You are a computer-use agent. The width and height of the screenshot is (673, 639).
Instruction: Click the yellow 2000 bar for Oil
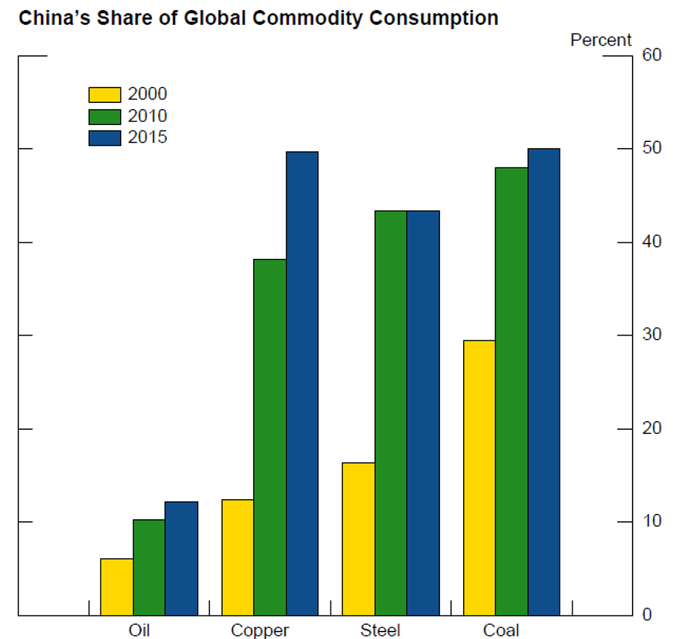tap(116, 587)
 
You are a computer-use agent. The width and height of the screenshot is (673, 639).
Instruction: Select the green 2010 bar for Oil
tap(149, 567)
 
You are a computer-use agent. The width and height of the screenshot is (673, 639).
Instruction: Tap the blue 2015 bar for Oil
tap(181, 558)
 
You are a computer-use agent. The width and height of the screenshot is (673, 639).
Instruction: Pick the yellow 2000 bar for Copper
tap(238, 557)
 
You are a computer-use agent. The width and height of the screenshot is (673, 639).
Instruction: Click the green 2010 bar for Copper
tap(270, 437)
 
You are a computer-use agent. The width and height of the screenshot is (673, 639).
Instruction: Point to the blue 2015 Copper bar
tap(302, 383)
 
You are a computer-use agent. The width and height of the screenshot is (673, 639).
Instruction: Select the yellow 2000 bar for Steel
tap(359, 539)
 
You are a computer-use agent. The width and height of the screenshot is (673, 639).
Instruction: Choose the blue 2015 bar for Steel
tap(423, 413)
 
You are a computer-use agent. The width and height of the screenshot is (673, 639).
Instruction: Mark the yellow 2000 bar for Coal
tap(479, 478)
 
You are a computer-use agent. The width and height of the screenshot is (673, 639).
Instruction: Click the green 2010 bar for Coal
tap(511, 391)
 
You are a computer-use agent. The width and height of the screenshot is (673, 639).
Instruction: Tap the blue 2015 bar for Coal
tap(544, 381)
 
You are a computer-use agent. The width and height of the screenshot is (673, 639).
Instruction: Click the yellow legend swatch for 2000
tap(104, 95)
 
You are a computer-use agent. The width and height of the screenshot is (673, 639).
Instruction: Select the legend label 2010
tap(147, 116)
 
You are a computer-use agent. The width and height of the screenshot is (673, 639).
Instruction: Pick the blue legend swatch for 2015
tap(104, 138)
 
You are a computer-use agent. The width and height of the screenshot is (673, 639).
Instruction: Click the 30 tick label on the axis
tap(651, 335)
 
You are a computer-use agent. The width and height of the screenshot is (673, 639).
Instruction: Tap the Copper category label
tap(259, 630)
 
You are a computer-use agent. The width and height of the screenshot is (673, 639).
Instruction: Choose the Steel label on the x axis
tap(380, 630)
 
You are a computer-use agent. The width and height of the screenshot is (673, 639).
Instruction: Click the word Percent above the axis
tap(601, 40)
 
